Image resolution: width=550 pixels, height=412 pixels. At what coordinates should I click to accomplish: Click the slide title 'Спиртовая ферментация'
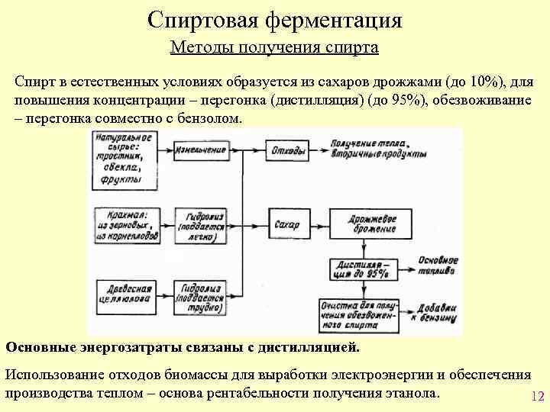(x=274, y=20)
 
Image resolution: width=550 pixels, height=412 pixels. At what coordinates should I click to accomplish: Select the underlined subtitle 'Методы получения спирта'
(x=274, y=48)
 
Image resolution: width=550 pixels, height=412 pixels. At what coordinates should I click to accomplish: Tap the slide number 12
(x=535, y=397)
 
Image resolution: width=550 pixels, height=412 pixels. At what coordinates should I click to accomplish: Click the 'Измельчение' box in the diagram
(x=201, y=151)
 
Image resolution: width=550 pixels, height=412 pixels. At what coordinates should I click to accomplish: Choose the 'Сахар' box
(x=286, y=225)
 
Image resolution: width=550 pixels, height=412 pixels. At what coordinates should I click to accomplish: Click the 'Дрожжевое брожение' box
(x=372, y=224)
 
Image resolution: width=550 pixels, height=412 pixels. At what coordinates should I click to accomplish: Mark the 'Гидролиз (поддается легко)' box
(x=202, y=225)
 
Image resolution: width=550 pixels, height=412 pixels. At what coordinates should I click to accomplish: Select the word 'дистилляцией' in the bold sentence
(x=309, y=347)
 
